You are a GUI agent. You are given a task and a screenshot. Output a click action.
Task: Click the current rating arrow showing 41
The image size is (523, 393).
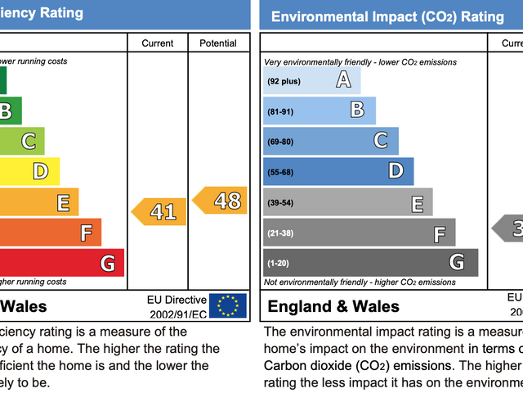point(159,211)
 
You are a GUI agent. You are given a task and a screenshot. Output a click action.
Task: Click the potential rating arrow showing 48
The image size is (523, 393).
point(220,200)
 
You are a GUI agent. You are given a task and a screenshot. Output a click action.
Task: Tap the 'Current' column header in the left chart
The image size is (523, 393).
point(158,43)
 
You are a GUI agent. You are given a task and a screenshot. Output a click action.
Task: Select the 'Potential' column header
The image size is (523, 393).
point(217,43)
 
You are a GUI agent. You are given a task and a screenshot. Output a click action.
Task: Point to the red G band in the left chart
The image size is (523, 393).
point(61,263)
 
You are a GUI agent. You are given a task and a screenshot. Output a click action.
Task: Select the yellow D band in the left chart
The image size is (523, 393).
point(29,171)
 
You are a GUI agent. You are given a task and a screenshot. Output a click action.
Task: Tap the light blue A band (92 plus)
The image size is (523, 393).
point(311,80)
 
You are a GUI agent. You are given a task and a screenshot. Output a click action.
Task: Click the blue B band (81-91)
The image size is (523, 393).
point(320,110)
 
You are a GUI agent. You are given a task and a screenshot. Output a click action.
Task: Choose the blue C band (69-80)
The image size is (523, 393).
point(331,141)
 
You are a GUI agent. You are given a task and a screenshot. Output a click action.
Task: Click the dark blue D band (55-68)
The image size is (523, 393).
point(338,171)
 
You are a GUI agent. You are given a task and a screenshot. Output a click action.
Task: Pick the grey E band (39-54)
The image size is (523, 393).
point(347,202)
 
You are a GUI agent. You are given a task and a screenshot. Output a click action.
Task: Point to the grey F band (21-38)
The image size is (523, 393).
point(359,233)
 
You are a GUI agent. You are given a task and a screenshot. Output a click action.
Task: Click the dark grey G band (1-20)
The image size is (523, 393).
point(370,263)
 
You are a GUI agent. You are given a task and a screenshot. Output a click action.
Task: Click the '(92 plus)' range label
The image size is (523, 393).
point(284,81)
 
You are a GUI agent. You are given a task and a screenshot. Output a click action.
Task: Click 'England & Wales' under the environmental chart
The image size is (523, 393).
point(334,307)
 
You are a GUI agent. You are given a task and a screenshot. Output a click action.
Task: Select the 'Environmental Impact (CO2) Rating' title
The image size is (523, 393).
point(387,16)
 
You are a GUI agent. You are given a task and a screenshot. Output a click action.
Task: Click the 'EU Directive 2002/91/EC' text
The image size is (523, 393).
point(176,306)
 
